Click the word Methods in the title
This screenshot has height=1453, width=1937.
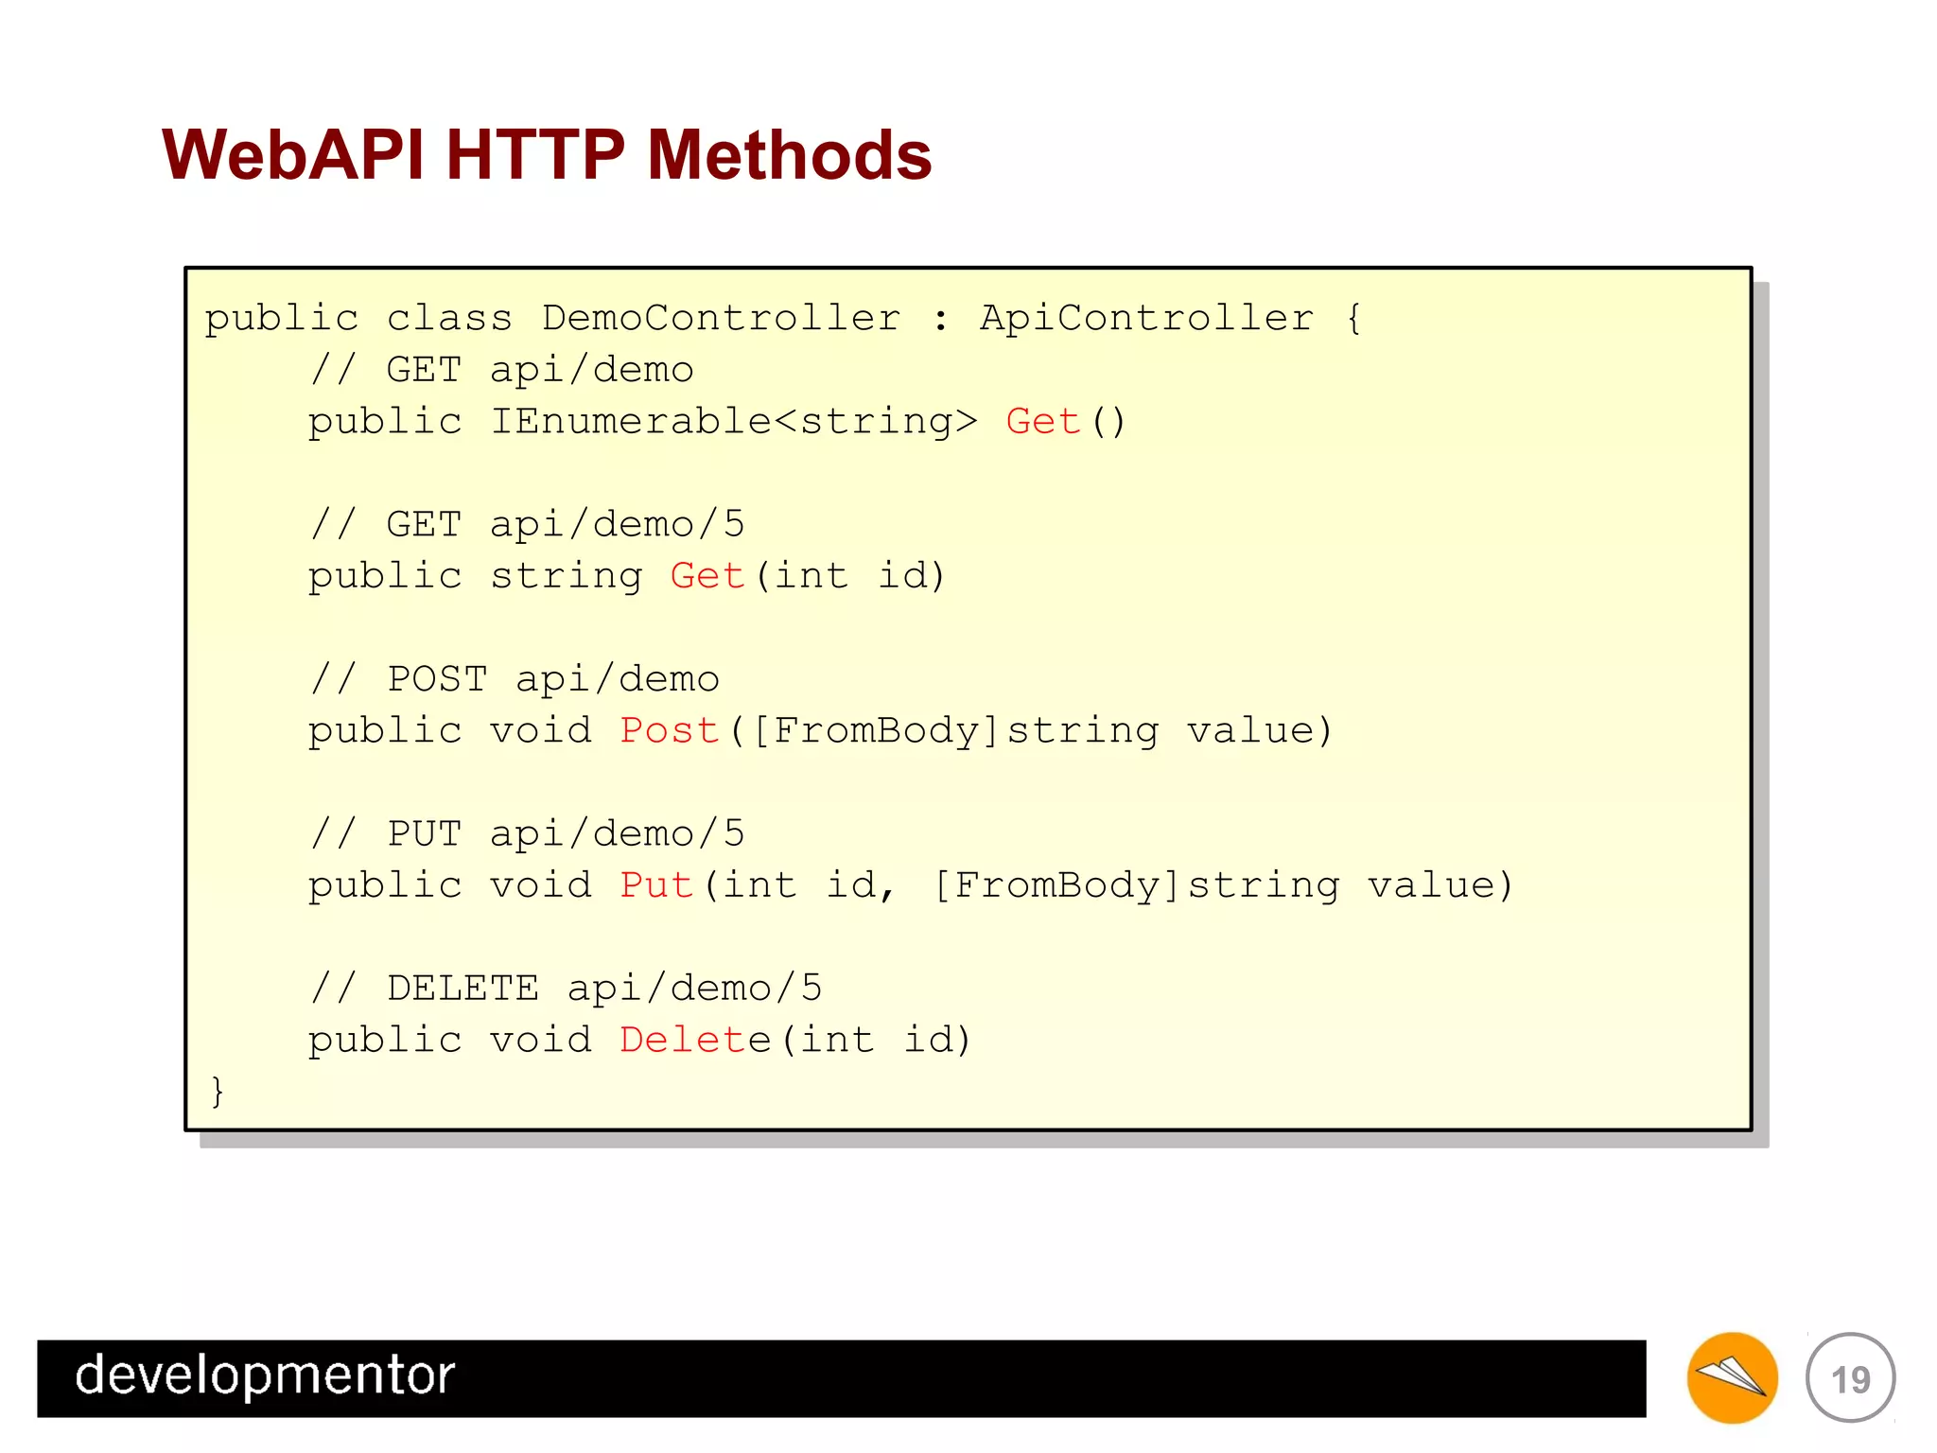789,155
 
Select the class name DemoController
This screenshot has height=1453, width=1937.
721,318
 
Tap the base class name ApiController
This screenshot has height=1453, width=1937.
1146,318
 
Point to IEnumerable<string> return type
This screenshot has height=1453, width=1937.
734,421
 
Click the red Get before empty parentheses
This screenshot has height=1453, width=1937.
1042,421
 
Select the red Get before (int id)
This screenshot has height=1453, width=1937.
707,576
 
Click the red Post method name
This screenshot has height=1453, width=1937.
669,730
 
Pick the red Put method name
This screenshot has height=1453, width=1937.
656,885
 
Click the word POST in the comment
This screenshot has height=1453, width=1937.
437,679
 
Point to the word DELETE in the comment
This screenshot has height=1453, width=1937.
462,989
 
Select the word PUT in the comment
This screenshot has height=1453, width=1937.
424,834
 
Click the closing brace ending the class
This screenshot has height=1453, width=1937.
218,1091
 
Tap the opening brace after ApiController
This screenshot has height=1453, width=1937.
1353,318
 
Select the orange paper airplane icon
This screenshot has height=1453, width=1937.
1732,1377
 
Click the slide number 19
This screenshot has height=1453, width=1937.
1850,1379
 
